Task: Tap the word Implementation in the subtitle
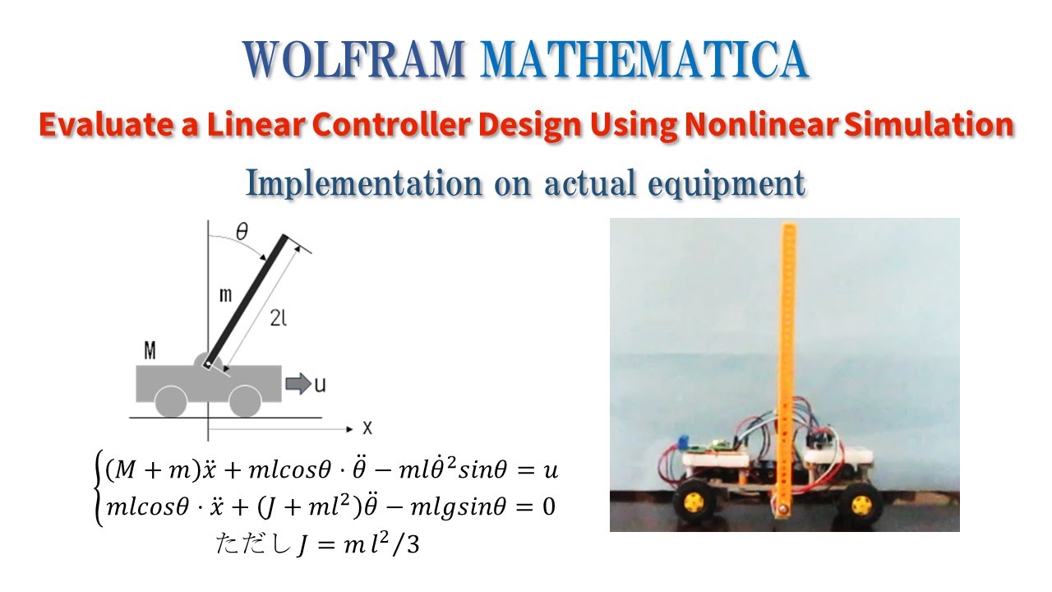pyautogui.click(x=364, y=184)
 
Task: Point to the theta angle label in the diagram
pyautogui.click(x=242, y=232)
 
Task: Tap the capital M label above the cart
pyautogui.click(x=150, y=352)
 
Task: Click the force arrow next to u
pyautogui.click(x=298, y=383)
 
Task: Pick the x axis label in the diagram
pyautogui.click(x=367, y=428)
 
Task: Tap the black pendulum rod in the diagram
pyautogui.click(x=247, y=300)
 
